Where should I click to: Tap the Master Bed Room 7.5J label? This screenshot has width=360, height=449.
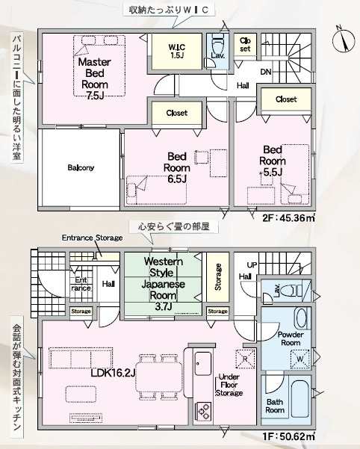point(95,79)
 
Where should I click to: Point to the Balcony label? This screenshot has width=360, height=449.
point(81,168)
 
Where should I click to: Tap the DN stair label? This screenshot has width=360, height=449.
point(266,72)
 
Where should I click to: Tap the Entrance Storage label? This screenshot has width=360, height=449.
point(92,238)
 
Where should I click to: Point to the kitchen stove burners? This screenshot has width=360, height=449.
point(203,410)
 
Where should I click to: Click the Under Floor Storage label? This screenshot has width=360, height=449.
point(229,385)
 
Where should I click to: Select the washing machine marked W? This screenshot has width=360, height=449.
point(300,358)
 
